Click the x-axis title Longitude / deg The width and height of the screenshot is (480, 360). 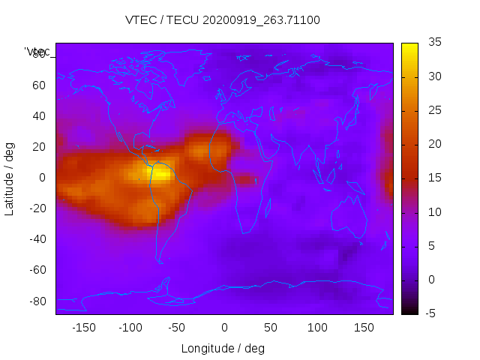tap(223, 348)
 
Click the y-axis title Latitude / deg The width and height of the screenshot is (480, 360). tap(10, 178)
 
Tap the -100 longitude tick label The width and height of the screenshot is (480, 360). tap(130, 328)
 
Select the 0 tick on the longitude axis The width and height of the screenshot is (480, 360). tap(224, 328)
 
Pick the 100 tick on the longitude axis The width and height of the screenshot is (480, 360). tap(317, 328)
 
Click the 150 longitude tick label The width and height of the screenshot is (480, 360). tap(364, 328)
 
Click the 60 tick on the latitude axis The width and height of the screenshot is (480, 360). tap(39, 85)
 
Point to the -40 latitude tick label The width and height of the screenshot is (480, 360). tap(37, 239)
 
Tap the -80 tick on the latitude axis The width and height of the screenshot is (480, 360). tap(37, 301)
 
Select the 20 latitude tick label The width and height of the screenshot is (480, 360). tap(39, 147)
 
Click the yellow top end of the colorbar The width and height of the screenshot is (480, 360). tap(409, 46)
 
